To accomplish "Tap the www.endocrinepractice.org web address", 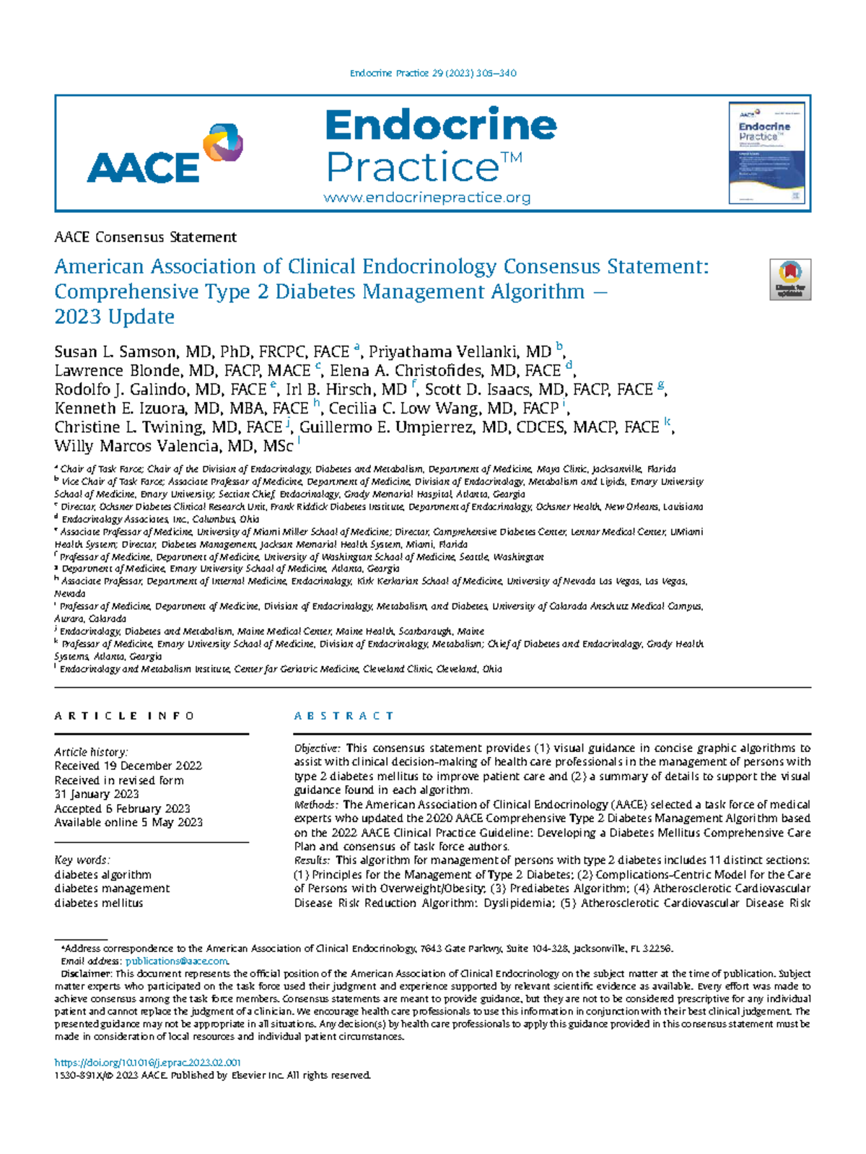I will click(x=427, y=198).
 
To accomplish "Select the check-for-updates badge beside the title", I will click(x=790, y=279).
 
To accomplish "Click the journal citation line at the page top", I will click(x=432, y=73).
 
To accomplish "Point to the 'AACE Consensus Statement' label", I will click(x=145, y=237).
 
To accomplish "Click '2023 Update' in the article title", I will click(x=114, y=317).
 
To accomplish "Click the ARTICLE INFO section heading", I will click(x=124, y=716).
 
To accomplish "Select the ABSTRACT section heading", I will click(x=344, y=716).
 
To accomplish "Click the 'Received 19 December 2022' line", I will click(x=128, y=766).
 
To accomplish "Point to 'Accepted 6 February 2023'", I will click(x=122, y=808).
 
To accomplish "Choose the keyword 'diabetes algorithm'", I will click(x=102, y=875).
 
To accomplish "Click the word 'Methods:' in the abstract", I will click(x=315, y=805).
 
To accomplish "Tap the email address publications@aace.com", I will click(x=177, y=961).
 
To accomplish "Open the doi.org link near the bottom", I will click(x=147, y=1062).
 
